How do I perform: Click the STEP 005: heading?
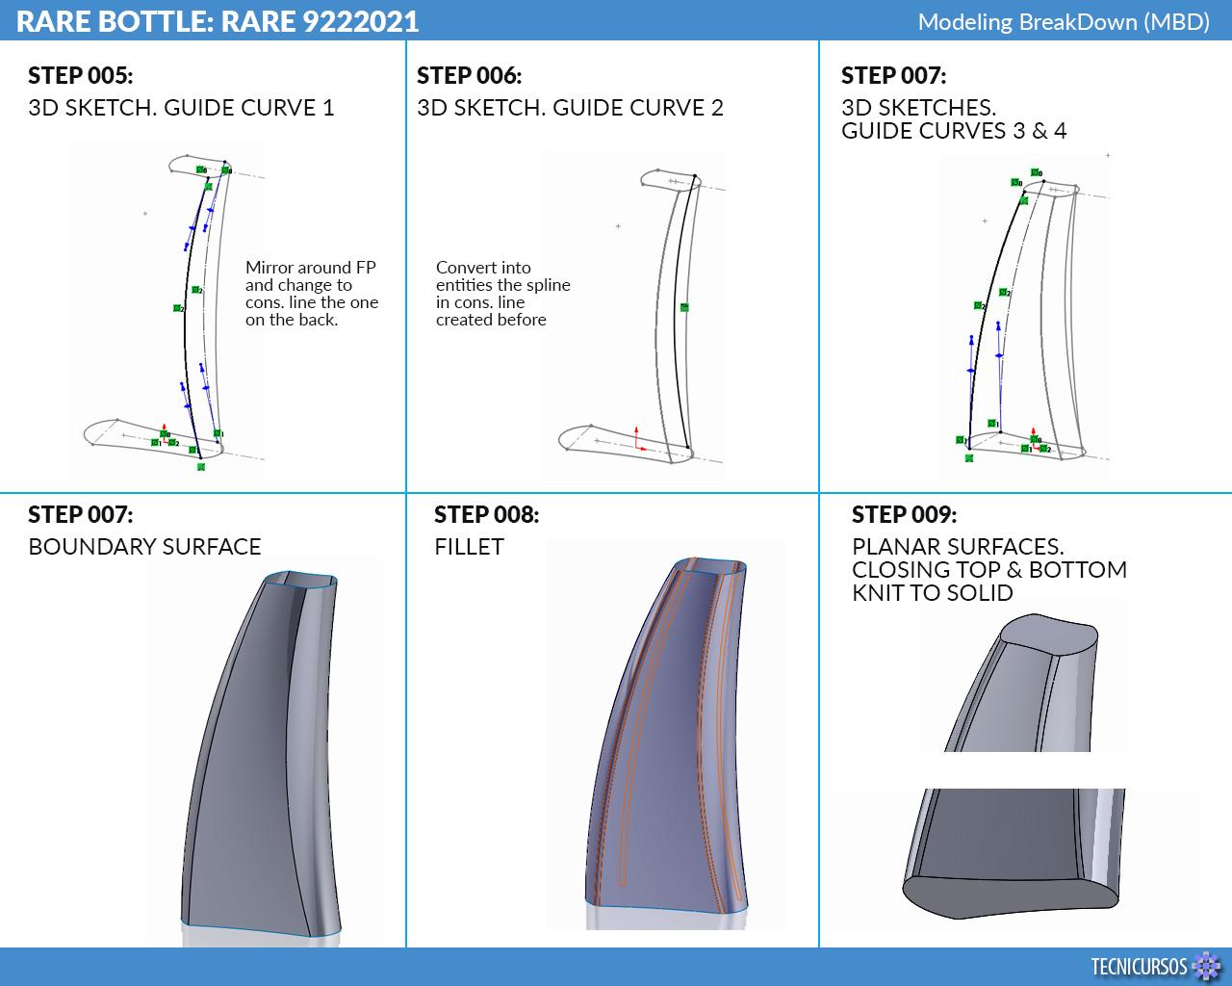[81, 76]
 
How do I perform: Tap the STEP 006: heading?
[470, 76]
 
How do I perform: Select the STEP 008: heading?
[487, 514]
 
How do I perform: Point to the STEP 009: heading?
[904, 514]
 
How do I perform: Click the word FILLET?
[469, 547]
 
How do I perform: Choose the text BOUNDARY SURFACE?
[144, 547]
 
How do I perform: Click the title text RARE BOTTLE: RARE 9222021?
[218, 21]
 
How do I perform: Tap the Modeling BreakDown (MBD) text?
[1064, 22]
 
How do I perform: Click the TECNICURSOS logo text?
[1139, 966]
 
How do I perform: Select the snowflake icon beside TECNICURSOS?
[1206, 966]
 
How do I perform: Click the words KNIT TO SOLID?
[933, 593]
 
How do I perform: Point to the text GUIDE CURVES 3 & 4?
[954, 131]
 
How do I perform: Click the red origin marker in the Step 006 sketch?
[638, 440]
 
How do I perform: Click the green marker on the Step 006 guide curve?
[684, 308]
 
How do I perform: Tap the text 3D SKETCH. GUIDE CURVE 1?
[181, 108]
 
